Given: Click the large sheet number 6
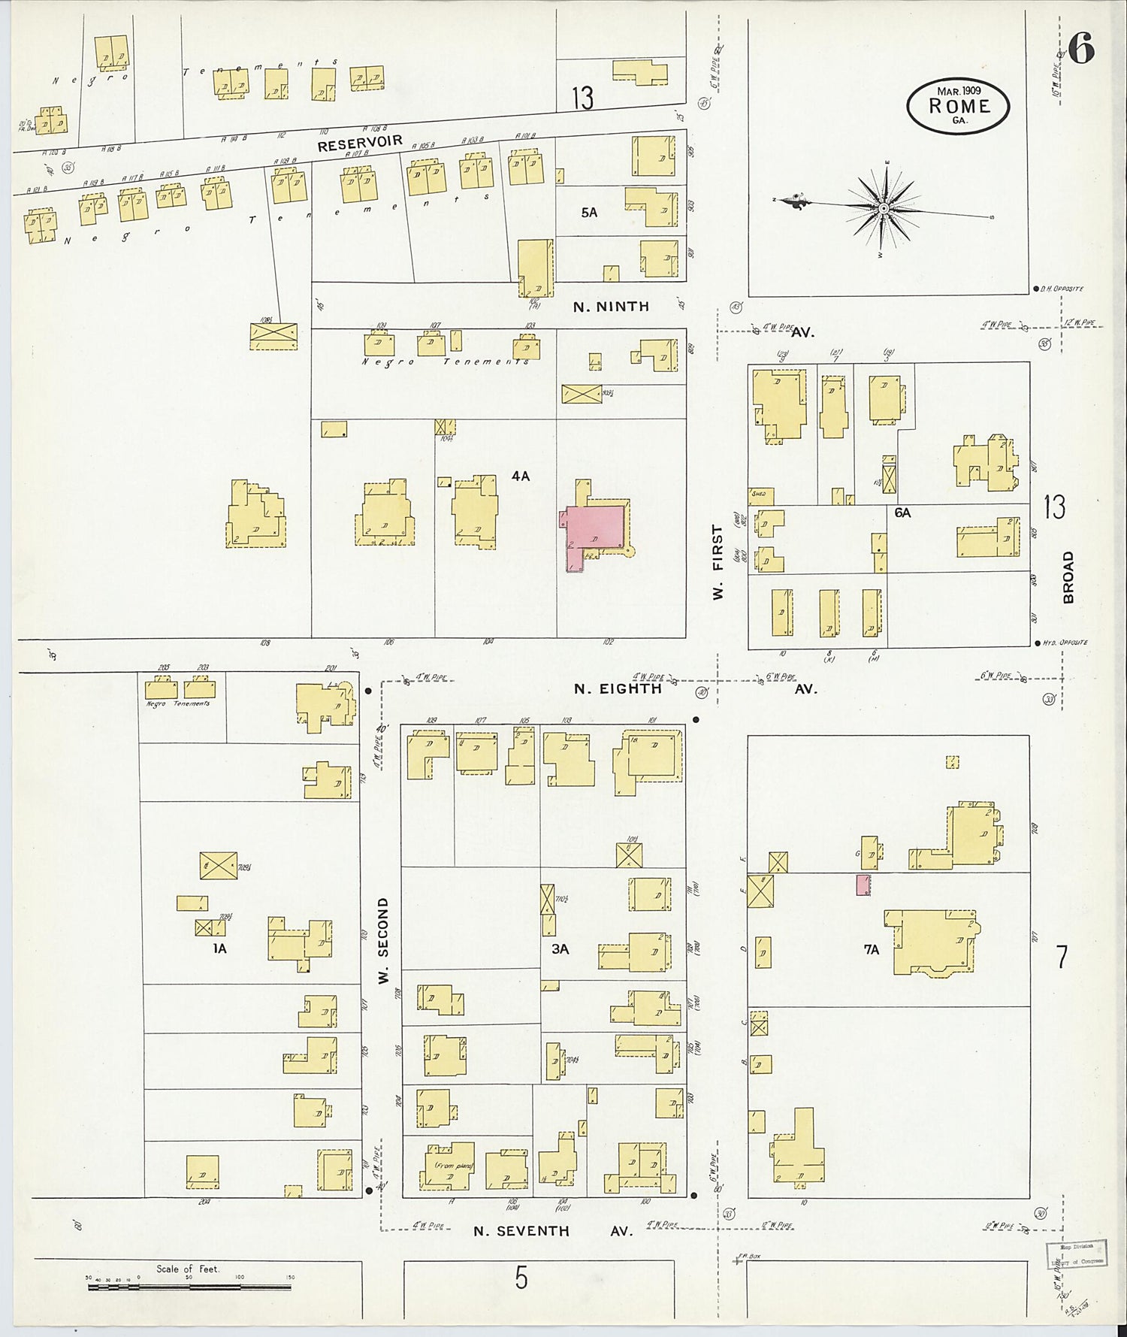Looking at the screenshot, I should [x=1080, y=50].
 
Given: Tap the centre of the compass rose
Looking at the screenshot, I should [x=884, y=207].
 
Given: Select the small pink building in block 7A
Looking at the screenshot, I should [x=863, y=885].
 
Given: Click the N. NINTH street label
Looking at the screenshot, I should [x=610, y=307].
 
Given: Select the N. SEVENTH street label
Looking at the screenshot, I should [x=521, y=1230].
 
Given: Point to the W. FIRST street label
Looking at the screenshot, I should [x=718, y=562].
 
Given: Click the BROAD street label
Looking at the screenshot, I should [x=1068, y=577].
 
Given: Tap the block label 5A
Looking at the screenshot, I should [x=589, y=213].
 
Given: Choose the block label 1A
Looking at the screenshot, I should [x=219, y=949].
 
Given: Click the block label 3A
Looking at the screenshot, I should [x=560, y=949].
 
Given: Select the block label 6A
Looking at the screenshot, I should [x=902, y=513].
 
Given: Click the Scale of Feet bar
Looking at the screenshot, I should [x=189, y=1287].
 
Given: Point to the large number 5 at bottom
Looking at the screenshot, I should [x=521, y=1278].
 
